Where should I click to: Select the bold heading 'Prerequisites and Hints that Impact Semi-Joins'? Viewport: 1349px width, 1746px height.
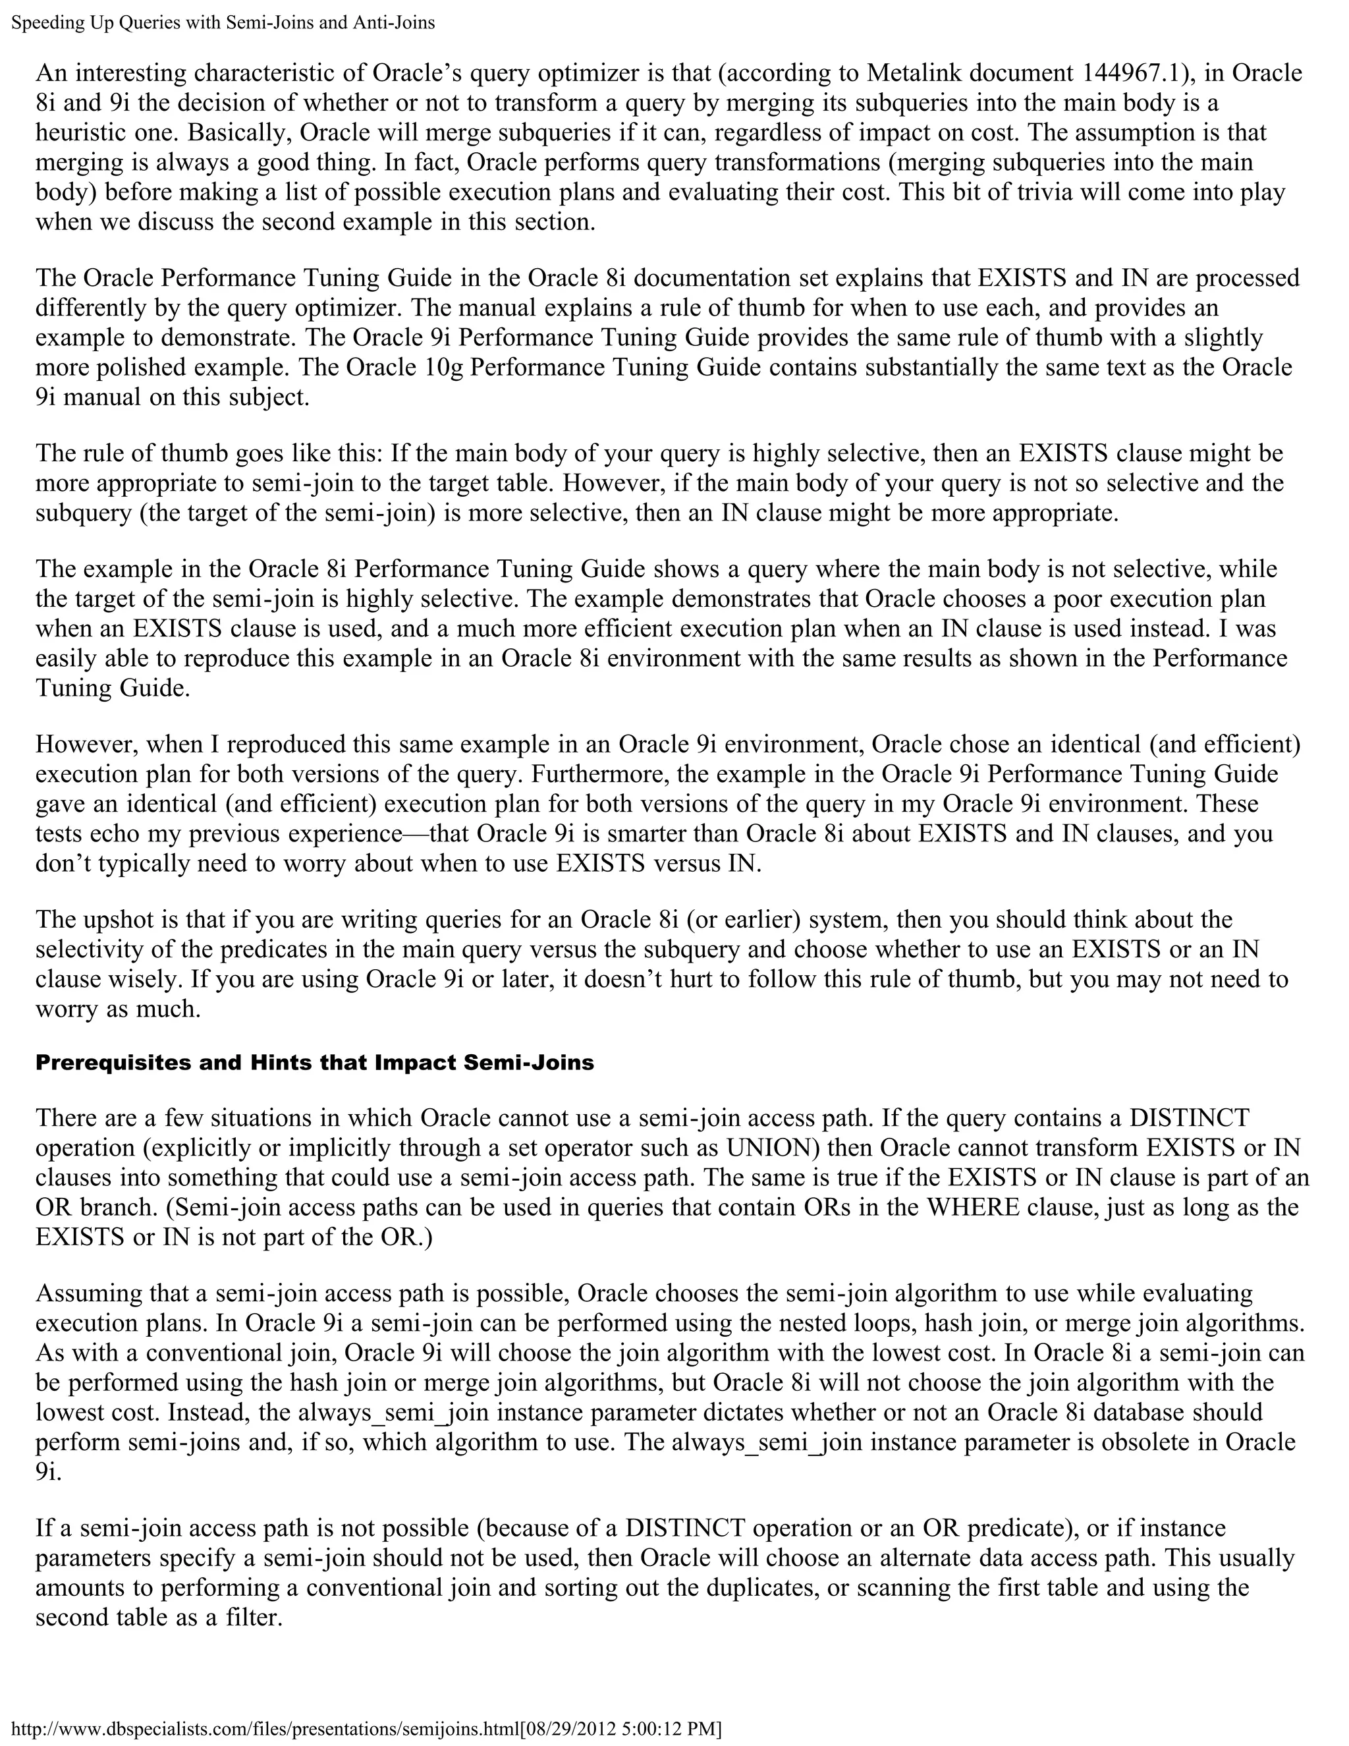(x=315, y=1063)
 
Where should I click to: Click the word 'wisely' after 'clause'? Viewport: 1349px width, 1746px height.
(x=139, y=979)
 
